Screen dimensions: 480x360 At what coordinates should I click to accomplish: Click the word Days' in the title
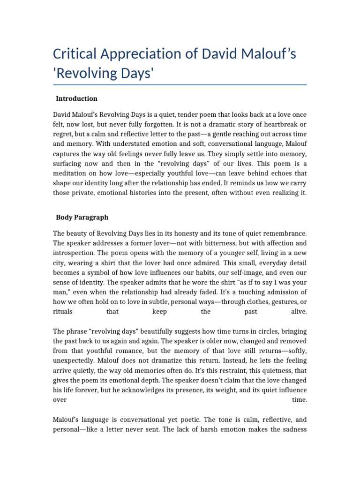pos(137,74)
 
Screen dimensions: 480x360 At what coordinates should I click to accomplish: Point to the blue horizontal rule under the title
pos(180,85)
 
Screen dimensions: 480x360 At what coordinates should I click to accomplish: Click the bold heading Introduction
pos(76,98)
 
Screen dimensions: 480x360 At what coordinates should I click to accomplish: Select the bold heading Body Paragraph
pos(82,217)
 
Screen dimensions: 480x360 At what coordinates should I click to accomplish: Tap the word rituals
pos(62,311)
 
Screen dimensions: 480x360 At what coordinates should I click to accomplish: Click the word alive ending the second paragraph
pos(298,311)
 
